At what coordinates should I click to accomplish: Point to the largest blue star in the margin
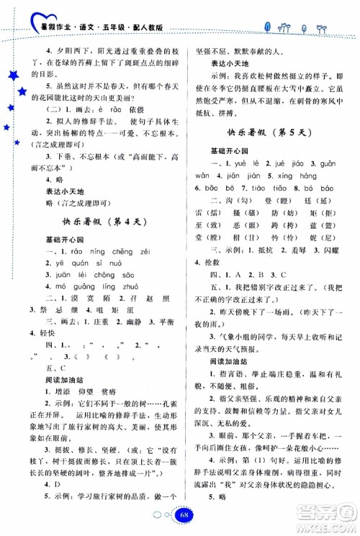click(12, 77)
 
